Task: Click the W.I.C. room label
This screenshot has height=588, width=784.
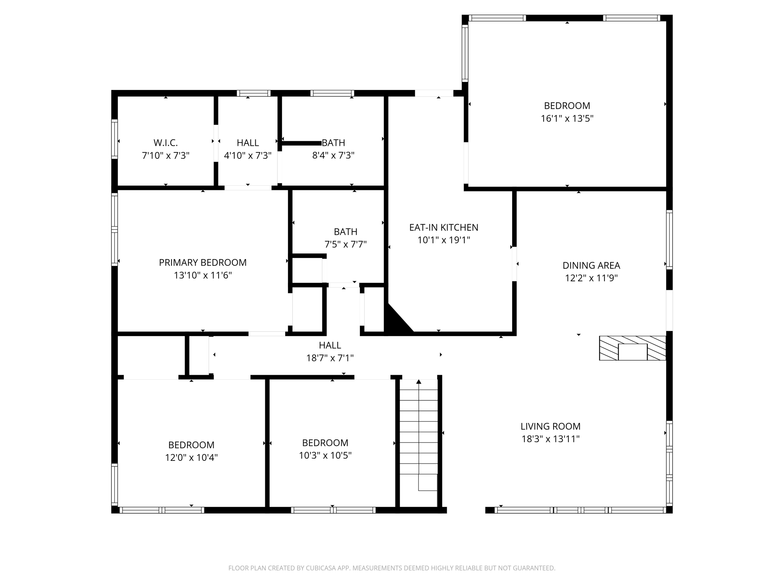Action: click(x=165, y=143)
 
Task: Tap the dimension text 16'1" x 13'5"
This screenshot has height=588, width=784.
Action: click(x=567, y=119)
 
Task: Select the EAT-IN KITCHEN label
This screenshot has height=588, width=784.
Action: click(x=443, y=227)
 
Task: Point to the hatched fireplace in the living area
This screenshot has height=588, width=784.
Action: click(x=632, y=348)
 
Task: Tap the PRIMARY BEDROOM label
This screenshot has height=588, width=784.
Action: click(x=203, y=263)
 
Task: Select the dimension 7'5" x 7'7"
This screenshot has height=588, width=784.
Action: click(x=345, y=244)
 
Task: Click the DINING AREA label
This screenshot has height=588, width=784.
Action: click(x=591, y=265)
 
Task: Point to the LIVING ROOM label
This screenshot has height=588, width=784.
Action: click(x=550, y=426)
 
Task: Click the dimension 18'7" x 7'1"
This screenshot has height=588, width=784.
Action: click(x=330, y=358)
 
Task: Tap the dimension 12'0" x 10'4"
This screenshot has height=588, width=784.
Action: click(x=191, y=457)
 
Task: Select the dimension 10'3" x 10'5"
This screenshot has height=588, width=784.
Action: click(x=325, y=455)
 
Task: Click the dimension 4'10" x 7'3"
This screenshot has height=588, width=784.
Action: click(x=247, y=155)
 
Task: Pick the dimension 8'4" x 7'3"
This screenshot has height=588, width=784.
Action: click(x=333, y=155)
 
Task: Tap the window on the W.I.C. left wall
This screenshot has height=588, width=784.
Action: click(x=114, y=139)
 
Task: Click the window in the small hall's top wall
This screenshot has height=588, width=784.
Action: click(x=253, y=93)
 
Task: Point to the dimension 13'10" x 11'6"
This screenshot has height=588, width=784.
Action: click(x=203, y=275)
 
